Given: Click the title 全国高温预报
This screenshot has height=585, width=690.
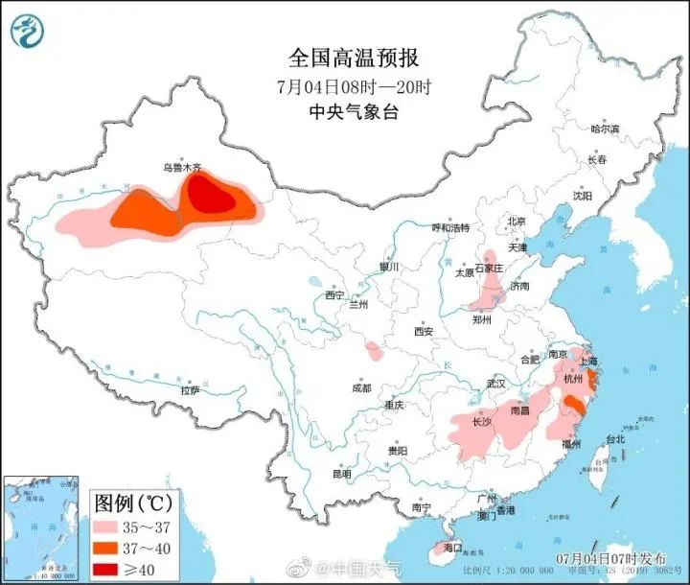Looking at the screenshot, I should click(x=353, y=58).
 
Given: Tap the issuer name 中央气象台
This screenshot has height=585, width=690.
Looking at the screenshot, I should click(x=353, y=111).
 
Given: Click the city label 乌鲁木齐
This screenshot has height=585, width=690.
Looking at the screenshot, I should click(x=182, y=167).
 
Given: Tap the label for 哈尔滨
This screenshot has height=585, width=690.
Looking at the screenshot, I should click(x=605, y=129).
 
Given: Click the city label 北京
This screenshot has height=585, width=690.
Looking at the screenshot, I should click(x=517, y=221).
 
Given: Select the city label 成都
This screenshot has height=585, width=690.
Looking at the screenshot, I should click(x=361, y=388).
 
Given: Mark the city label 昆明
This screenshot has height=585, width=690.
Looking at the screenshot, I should click(x=341, y=474).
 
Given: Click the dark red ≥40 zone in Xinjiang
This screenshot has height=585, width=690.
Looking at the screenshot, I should click(x=210, y=196).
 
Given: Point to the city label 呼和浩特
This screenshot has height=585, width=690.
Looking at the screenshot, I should click(x=451, y=228).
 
